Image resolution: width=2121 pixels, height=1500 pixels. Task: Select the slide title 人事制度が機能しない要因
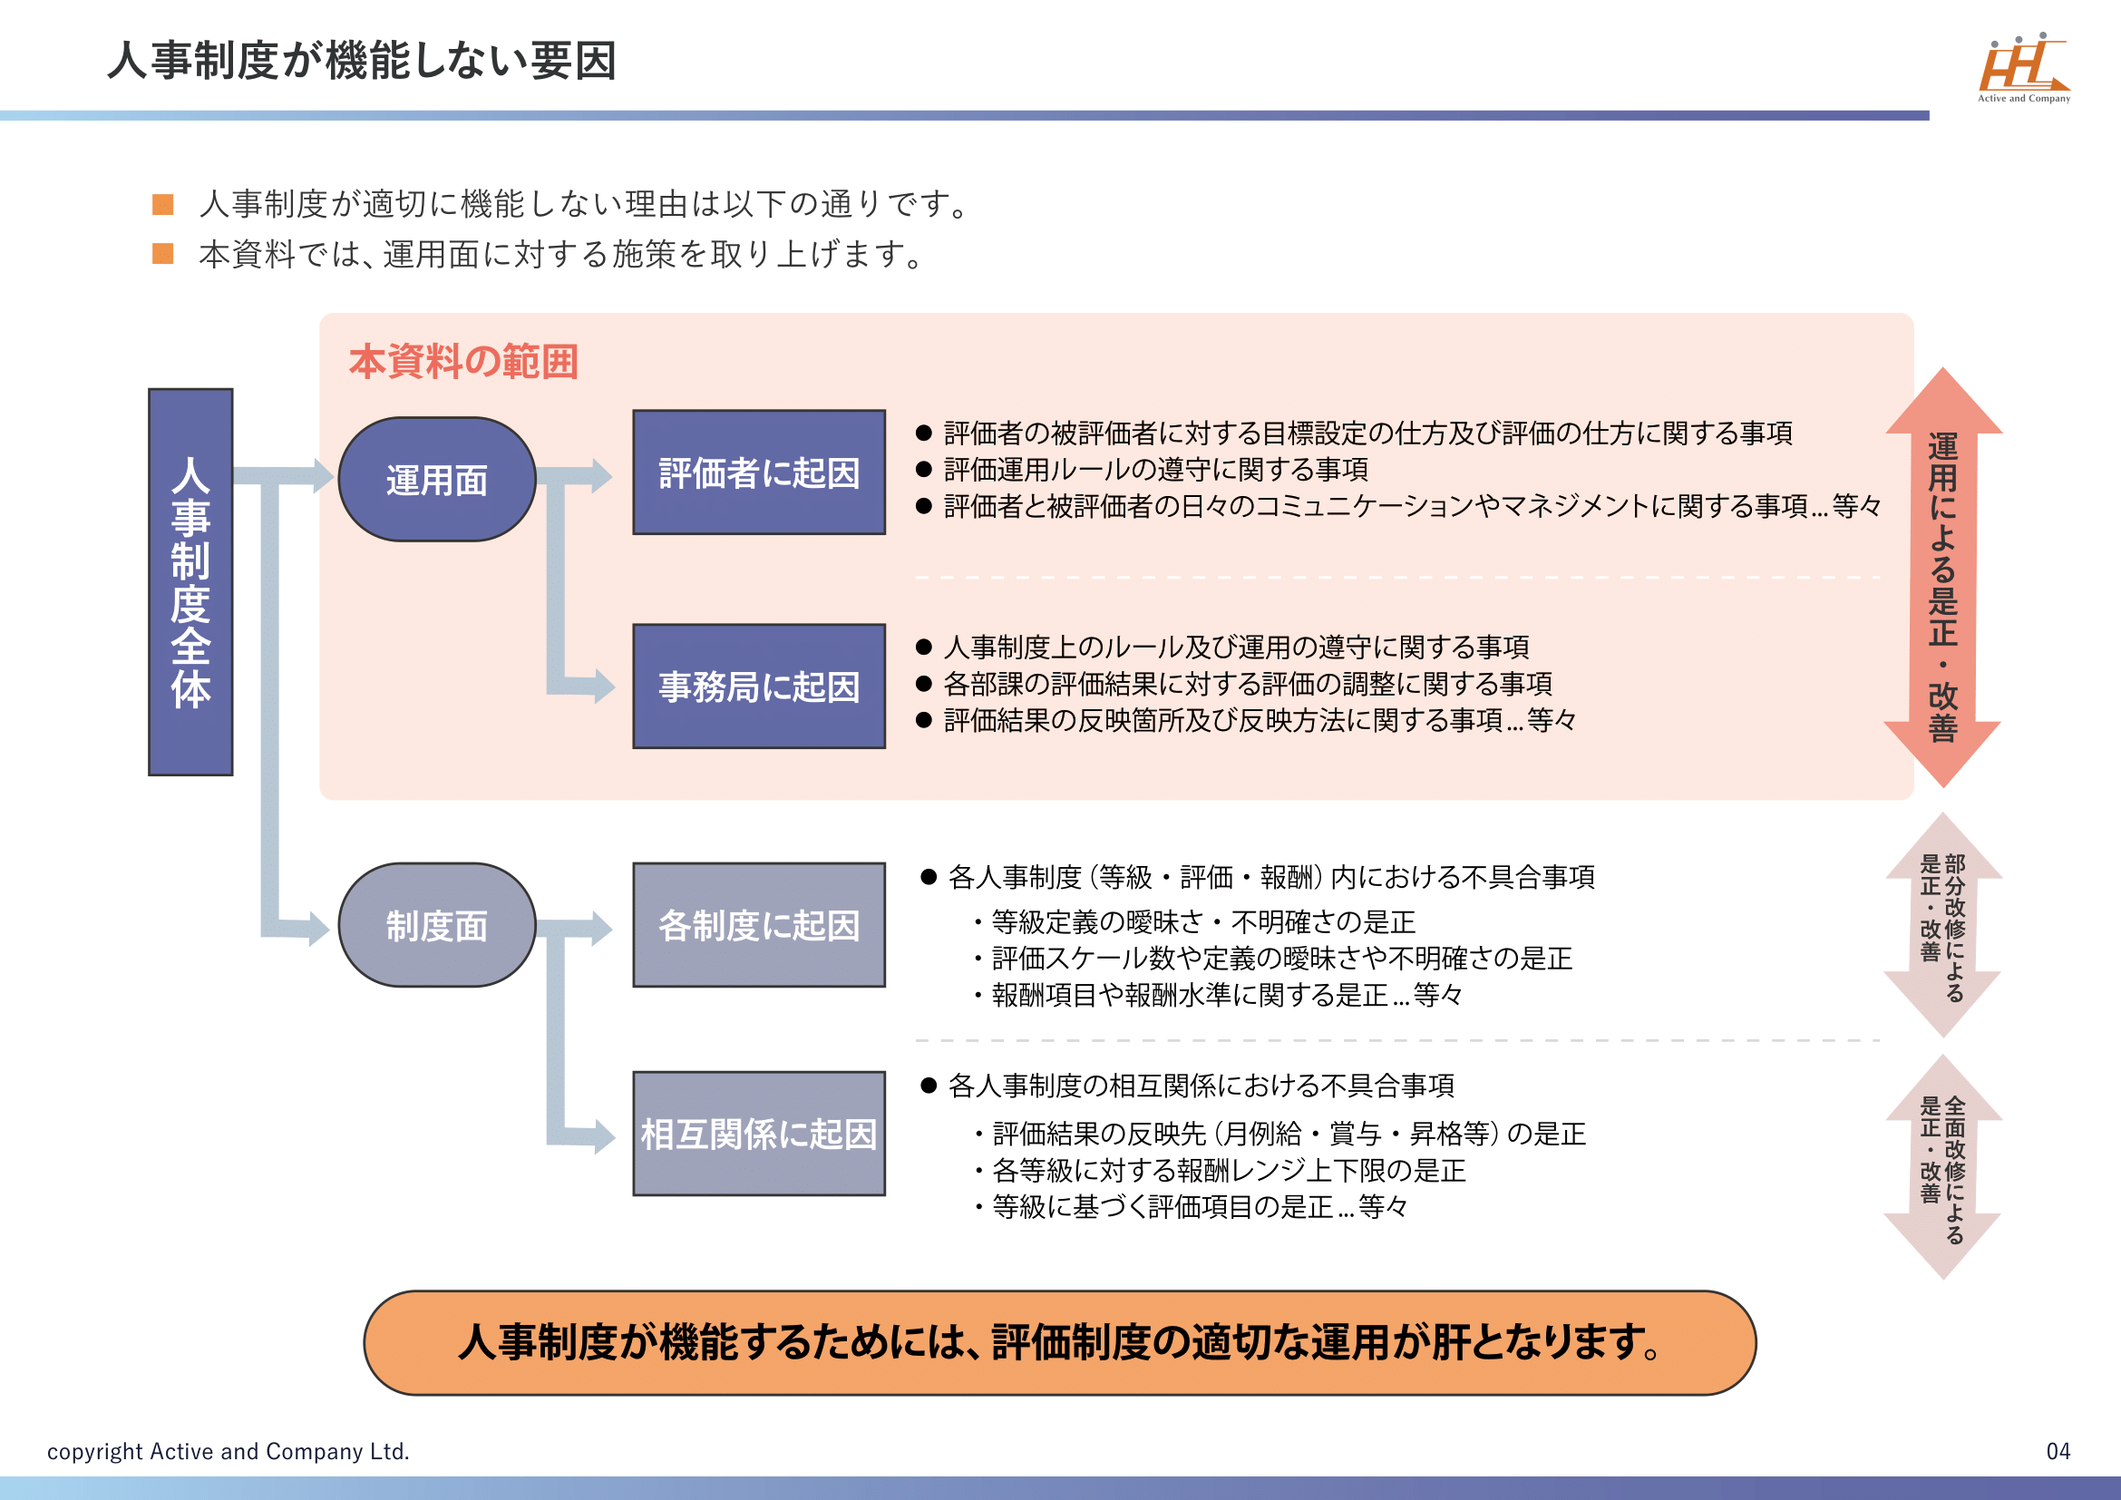point(361,61)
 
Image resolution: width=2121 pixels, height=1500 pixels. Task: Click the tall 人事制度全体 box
point(190,582)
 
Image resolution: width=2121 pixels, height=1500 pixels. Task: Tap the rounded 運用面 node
point(436,480)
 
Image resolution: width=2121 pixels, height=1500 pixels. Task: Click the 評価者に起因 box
point(758,472)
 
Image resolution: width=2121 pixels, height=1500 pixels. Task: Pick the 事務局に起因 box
point(758,687)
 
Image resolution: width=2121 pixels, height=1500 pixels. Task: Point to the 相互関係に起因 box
point(758,1134)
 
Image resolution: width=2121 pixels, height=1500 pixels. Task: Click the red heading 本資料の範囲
point(462,361)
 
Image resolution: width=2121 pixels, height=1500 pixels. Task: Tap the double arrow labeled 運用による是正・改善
point(1942,579)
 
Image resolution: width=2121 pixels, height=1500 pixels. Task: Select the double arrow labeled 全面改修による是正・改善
point(1942,1166)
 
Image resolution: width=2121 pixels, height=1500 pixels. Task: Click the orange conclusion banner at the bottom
point(1058,1342)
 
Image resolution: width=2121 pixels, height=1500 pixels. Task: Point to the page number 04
point(2058,1451)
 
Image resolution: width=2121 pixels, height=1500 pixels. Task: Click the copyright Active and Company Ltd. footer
point(229,1451)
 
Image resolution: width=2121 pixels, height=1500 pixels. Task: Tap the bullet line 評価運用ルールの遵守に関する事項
point(1154,469)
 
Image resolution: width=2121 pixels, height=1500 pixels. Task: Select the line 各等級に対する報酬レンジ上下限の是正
point(1228,1170)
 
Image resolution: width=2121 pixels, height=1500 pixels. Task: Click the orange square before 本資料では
point(162,254)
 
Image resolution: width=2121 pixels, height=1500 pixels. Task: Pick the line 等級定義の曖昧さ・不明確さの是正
point(1202,921)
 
